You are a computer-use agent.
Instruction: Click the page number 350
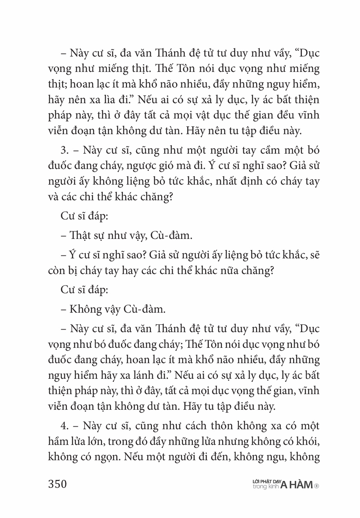point(58,484)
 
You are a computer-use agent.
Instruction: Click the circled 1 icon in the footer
point(316,486)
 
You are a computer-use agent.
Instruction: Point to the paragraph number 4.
point(64,426)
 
